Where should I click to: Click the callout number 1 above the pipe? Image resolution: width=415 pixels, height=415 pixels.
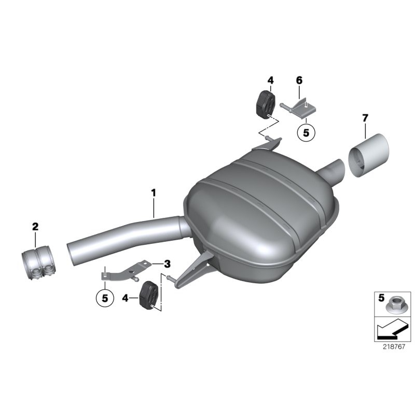coord(154,192)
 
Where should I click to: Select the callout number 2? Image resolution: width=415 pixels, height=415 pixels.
coord(35,226)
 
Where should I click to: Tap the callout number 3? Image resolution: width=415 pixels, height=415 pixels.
coord(167,264)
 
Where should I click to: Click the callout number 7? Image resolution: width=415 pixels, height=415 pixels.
coord(365,118)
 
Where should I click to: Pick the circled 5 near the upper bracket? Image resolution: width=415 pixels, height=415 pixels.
coord(306,133)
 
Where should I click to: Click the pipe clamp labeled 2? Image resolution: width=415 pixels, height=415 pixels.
coord(39,263)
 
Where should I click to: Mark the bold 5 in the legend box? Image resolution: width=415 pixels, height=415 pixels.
coord(381,298)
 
